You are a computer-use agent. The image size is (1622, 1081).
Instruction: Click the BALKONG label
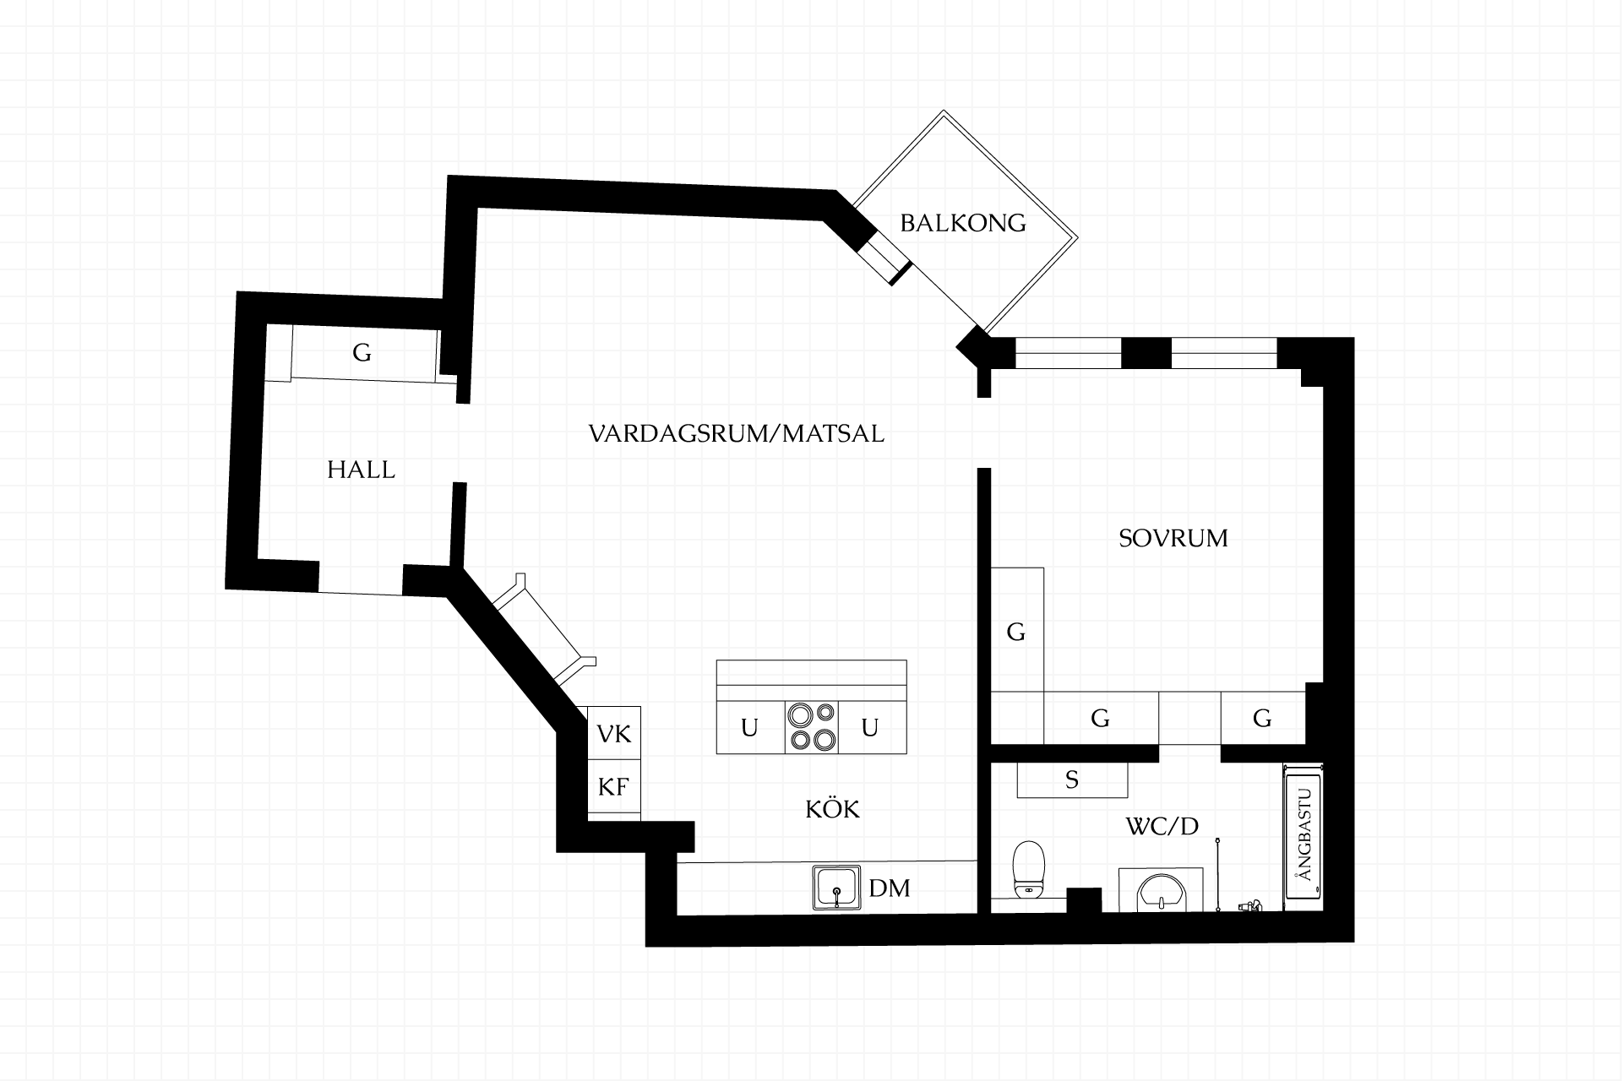pyautogui.click(x=962, y=223)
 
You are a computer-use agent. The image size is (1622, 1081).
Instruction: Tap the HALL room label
pyautogui.click(x=361, y=470)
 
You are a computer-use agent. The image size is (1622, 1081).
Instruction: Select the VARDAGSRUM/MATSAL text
pyautogui.click(x=736, y=434)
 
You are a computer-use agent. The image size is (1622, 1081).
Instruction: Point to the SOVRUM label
pyautogui.click(x=1173, y=538)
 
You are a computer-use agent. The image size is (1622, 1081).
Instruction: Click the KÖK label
pyautogui.click(x=832, y=808)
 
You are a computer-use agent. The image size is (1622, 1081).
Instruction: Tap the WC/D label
pyautogui.click(x=1162, y=826)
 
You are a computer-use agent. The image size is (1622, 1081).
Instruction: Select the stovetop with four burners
pyautogui.click(x=812, y=727)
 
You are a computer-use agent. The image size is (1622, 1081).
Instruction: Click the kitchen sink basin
pyautogui.click(x=836, y=888)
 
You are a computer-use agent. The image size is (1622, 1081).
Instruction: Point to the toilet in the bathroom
pyautogui.click(x=1029, y=869)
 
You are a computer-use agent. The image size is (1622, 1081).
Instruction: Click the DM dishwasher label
pyautogui.click(x=890, y=888)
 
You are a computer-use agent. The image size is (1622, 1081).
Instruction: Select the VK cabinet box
pyautogui.click(x=614, y=732)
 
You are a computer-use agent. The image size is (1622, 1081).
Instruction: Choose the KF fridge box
pyautogui.click(x=614, y=786)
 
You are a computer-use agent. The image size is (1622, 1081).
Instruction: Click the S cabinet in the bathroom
pyautogui.click(x=1072, y=780)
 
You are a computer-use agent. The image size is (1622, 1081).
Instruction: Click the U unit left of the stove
pyautogui.click(x=750, y=727)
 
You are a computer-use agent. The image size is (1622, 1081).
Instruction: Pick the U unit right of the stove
pyautogui.click(x=872, y=727)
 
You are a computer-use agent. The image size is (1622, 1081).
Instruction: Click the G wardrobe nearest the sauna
pyautogui.click(x=1263, y=718)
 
